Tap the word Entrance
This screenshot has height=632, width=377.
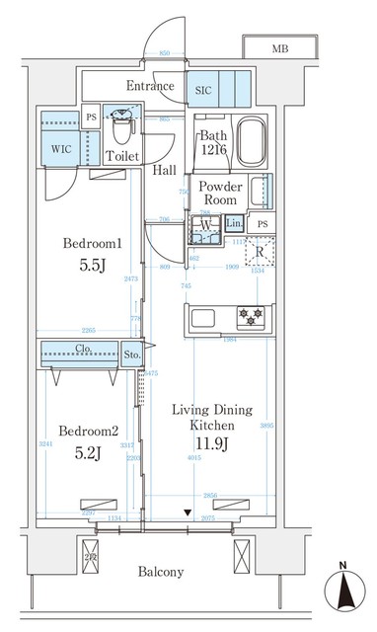click(x=150, y=87)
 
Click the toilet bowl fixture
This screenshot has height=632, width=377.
click(x=122, y=127)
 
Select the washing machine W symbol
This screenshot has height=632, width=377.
click(x=204, y=225)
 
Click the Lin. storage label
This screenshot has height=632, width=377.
click(x=234, y=225)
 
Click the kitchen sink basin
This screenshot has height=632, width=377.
click(x=204, y=317)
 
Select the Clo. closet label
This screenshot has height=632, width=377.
click(x=83, y=349)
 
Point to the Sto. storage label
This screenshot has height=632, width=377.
click(x=132, y=355)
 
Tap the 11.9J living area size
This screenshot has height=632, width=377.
click(x=212, y=443)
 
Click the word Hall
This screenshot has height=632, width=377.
click(x=165, y=170)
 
